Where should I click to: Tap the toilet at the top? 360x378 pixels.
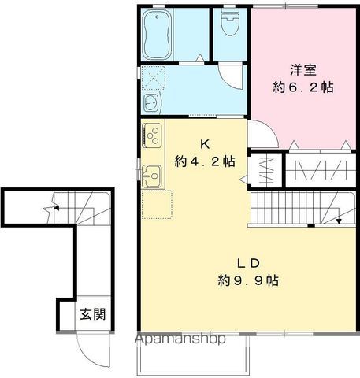click(x=230, y=24)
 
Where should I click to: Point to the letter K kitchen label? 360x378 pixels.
click(x=205, y=144)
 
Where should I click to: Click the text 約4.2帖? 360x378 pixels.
click(x=205, y=162)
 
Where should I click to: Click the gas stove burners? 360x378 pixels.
click(x=152, y=133)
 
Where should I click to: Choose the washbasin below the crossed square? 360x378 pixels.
click(x=151, y=104)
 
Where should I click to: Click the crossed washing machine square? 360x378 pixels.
click(x=151, y=78)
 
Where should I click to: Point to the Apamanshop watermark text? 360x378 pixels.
click(x=181, y=339)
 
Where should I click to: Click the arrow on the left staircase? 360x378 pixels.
click(x=57, y=209)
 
